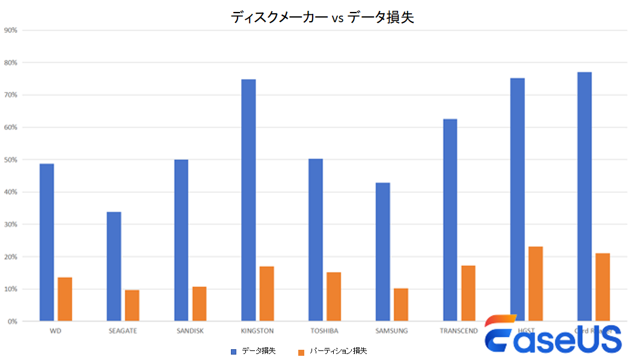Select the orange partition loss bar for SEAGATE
(x=132, y=305)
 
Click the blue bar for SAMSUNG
(x=382, y=252)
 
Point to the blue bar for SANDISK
(x=181, y=240)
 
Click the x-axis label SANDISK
(x=190, y=331)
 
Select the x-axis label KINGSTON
(x=257, y=331)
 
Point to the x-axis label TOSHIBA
(x=324, y=331)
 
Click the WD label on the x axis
(x=55, y=331)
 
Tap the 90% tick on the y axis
(x=11, y=30)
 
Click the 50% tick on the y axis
(x=11, y=160)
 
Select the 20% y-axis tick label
(x=11, y=257)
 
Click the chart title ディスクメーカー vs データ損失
(x=322, y=17)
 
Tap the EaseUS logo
(x=553, y=337)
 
